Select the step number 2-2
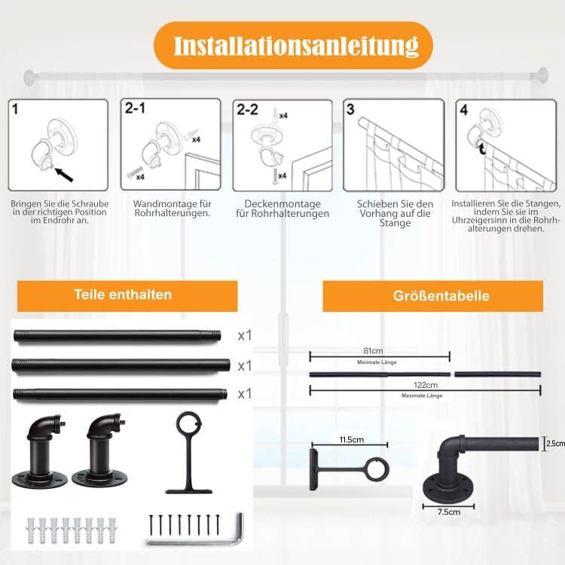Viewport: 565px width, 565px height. coord(247,110)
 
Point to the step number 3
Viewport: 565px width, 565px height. coord(350,109)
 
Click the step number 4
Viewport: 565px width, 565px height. coord(464,110)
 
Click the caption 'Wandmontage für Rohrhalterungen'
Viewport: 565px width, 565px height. coord(171,209)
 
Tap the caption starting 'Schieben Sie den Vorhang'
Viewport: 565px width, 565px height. coord(394,213)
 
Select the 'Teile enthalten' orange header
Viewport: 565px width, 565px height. coord(123,295)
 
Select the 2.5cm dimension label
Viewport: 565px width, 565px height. coord(555,444)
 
